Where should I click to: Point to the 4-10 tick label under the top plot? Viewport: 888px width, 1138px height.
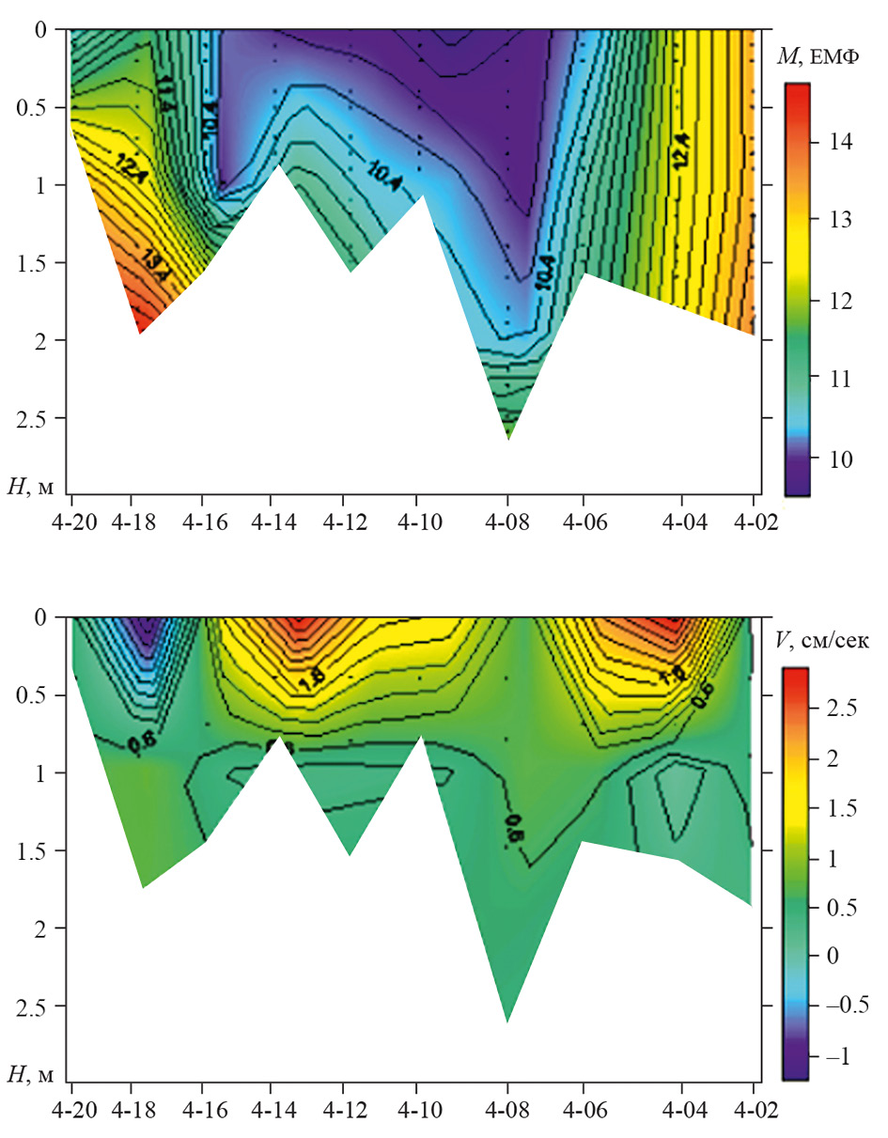(417, 519)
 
